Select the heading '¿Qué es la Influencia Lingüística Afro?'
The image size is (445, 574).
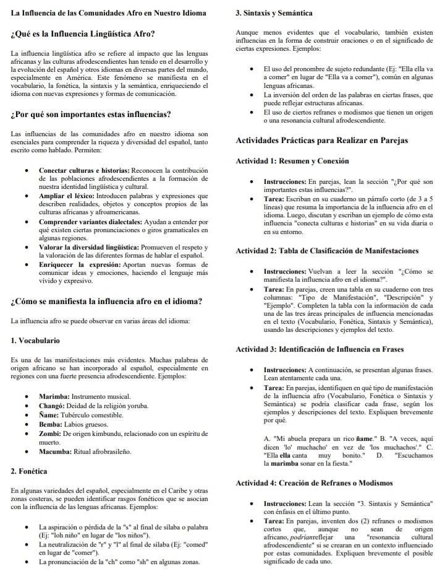(83, 33)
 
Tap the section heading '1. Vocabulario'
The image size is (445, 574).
(36, 341)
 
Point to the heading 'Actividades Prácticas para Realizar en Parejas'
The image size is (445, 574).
(322, 141)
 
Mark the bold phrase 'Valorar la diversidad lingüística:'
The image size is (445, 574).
(89, 248)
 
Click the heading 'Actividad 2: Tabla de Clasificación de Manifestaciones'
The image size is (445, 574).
(327, 251)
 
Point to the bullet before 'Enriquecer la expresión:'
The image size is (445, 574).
(25, 265)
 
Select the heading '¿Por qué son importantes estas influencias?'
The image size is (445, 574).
(91, 115)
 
